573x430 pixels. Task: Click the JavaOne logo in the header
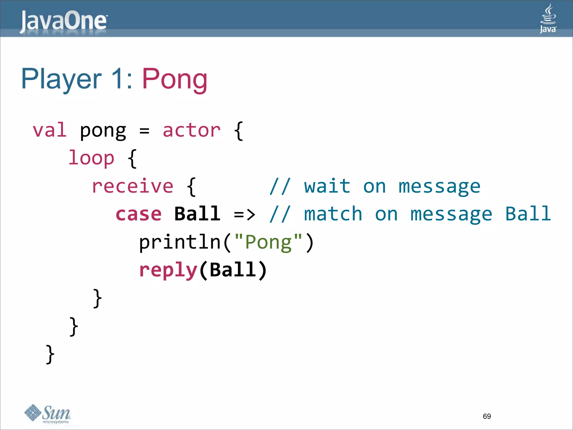[64, 21]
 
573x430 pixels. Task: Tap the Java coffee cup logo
[548, 18]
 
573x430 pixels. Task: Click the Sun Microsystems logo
[48, 414]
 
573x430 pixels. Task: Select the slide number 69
[487, 416]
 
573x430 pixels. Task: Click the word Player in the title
[61, 80]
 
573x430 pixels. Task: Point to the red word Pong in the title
[175, 80]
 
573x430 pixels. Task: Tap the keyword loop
[91, 158]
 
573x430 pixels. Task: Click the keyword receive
[133, 186]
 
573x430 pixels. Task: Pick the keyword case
[138, 214]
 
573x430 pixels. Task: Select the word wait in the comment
[327, 186]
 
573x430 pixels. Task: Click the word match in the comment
[333, 214]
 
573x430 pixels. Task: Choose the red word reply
[168, 270]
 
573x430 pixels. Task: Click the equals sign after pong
[144, 131]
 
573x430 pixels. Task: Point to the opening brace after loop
[132, 158]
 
